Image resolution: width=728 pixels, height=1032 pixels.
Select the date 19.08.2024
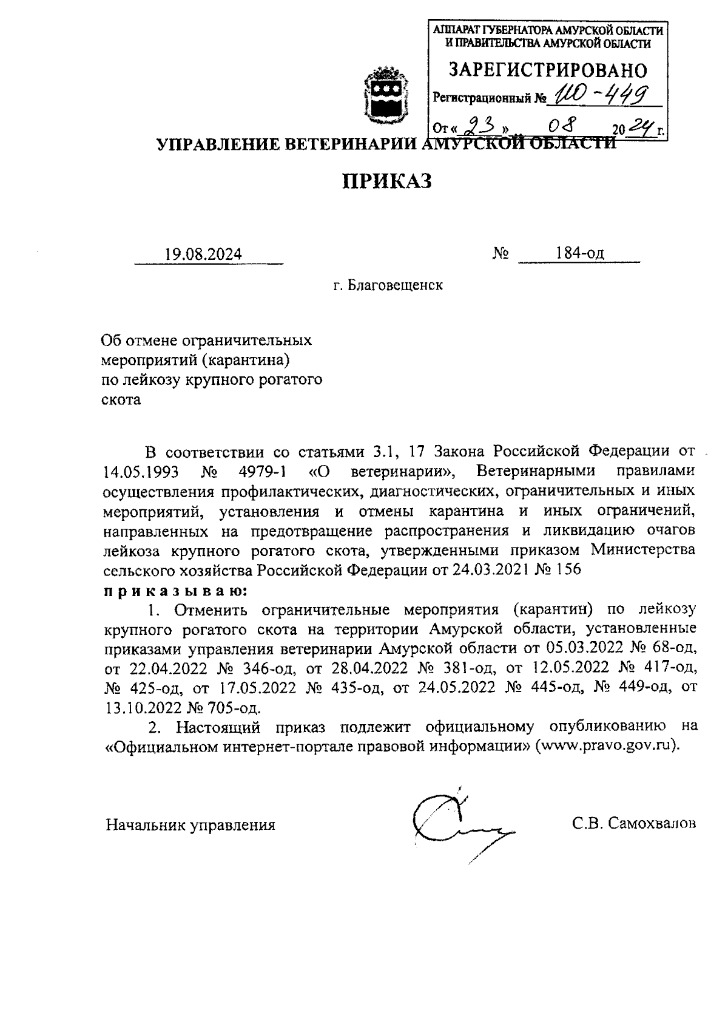tap(203, 254)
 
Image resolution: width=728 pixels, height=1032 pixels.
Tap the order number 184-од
tap(579, 254)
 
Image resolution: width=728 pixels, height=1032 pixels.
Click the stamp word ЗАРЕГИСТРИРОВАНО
tap(547, 70)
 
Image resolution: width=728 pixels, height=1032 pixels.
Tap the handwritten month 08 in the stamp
tap(561, 126)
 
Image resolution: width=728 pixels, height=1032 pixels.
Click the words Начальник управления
tap(190, 825)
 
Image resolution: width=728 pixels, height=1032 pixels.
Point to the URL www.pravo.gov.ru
tap(607, 745)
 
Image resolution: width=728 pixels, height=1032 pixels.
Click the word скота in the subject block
tap(120, 399)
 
